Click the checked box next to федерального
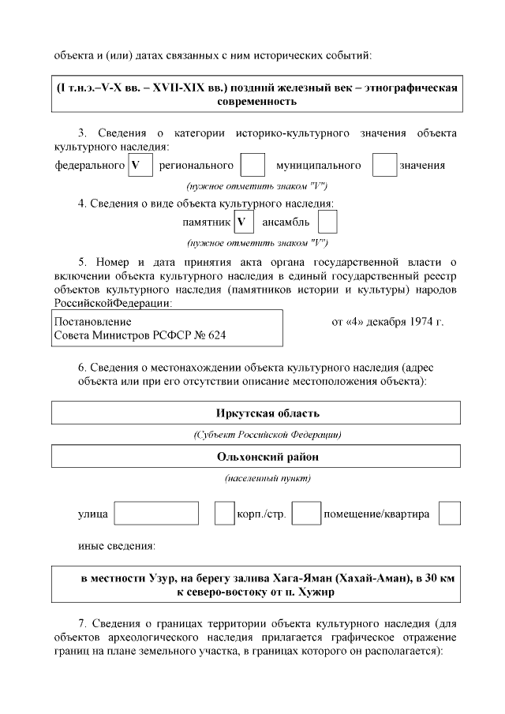pyautogui.click(x=139, y=166)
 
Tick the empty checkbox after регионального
pyautogui.click(x=252, y=166)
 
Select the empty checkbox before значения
pyautogui.click(x=383, y=166)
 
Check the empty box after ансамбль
pyautogui.click(x=327, y=222)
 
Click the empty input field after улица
pyautogui.click(x=156, y=514)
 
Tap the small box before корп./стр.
pyautogui.click(x=224, y=514)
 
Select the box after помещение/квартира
pyautogui.click(x=449, y=514)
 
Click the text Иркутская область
pyautogui.click(x=256, y=413)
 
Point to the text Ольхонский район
pyautogui.click(x=256, y=457)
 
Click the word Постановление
pyautogui.click(x=92, y=323)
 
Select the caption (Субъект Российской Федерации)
pyautogui.click(x=256, y=435)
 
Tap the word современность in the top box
pyautogui.click(x=256, y=102)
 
